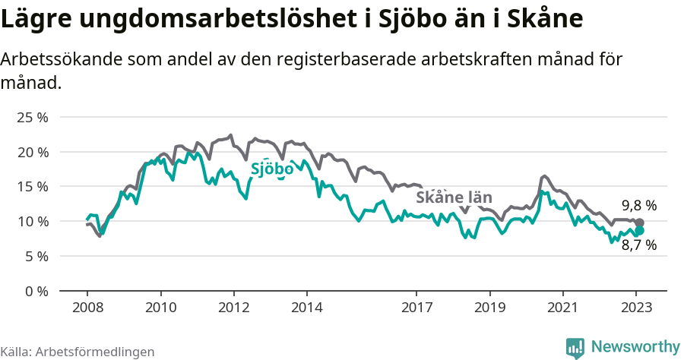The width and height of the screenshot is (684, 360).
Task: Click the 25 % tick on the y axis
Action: tap(33, 118)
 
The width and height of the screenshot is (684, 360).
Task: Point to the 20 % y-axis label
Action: tap(33, 153)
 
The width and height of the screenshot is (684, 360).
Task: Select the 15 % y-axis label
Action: tap(33, 187)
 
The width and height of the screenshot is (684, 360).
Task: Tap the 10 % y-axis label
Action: tap(33, 222)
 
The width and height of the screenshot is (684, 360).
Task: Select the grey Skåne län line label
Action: tap(454, 197)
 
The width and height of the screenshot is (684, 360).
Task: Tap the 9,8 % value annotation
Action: tap(638, 206)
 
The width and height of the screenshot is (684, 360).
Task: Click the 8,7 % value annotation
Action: tap(638, 245)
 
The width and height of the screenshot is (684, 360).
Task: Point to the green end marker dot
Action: tap(639, 230)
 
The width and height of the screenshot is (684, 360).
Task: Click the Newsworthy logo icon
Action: tap(575, 347)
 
